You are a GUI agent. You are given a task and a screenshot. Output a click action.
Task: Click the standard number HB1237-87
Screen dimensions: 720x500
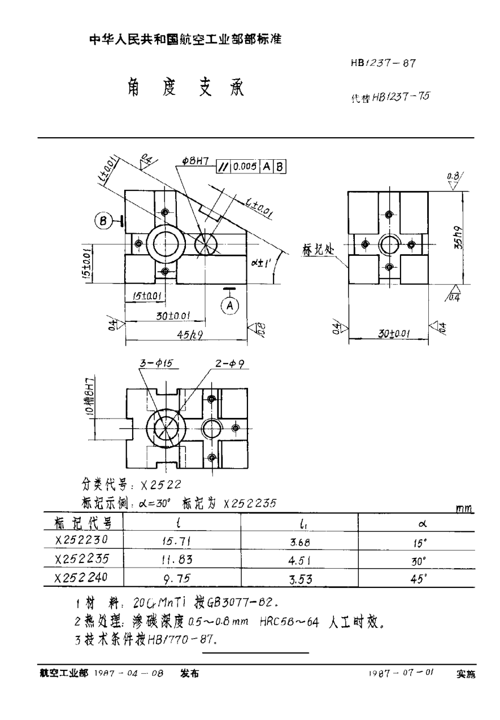(384, 63)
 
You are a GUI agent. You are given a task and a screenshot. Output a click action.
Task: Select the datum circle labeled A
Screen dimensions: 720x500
(229, 305)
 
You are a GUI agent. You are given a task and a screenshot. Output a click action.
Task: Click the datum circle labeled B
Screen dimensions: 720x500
(105, 221)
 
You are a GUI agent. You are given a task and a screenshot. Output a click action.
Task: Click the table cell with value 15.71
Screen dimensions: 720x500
(177, 540)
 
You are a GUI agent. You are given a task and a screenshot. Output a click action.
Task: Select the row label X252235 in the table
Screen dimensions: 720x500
(81, 558)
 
